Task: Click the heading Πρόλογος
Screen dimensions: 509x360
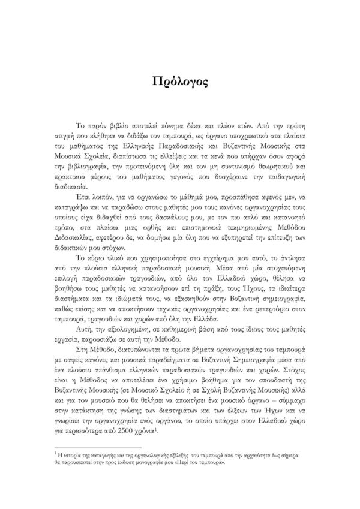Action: [x=180, y=82]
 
